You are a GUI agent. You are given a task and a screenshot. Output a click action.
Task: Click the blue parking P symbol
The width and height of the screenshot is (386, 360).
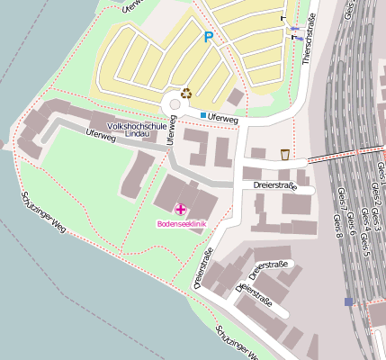pos(209,37)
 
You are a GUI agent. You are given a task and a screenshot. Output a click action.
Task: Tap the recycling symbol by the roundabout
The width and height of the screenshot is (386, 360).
pos(186,92)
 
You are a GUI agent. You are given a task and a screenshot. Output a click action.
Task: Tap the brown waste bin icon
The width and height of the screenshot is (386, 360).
pos(285,154)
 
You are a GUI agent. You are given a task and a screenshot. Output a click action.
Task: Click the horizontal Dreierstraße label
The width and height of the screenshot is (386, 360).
pos(274,186)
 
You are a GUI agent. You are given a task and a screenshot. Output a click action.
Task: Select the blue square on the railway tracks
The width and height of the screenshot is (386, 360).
pos(348,301)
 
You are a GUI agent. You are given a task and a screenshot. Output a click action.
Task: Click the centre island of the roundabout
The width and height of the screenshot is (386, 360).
pos(175,104)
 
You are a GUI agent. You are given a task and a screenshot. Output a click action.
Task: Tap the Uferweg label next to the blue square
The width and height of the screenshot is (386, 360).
pos(222,118)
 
